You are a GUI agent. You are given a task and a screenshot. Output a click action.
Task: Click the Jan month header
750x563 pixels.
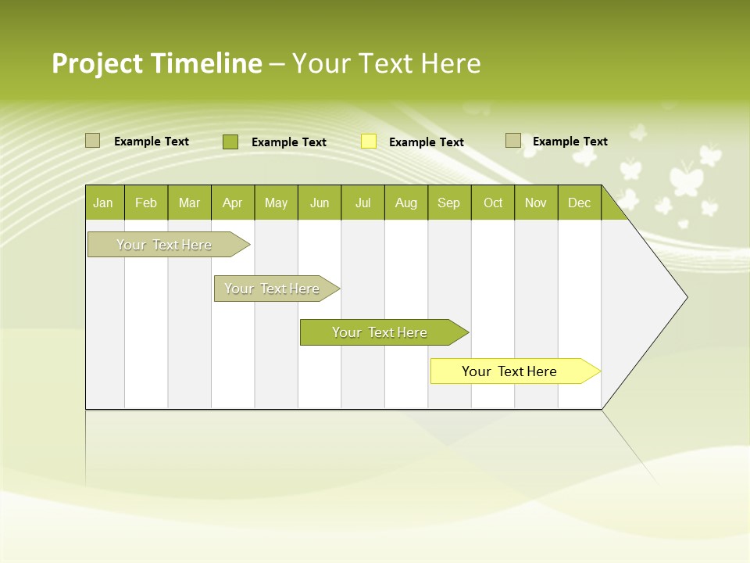coord(104,203)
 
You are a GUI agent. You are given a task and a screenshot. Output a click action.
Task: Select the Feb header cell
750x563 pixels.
coord(146,203)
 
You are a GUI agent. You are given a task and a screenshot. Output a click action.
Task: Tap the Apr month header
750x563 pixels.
coord(232,203)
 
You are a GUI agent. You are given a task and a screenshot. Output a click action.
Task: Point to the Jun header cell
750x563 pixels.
coord(320,203)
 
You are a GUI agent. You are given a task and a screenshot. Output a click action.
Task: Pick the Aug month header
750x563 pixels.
coord(405,203)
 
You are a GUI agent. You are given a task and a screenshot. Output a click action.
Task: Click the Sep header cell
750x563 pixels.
coord(449,203)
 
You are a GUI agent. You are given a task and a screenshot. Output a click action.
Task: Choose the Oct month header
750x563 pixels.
coord(493,203)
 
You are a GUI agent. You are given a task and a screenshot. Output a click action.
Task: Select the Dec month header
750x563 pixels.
coord(579,203)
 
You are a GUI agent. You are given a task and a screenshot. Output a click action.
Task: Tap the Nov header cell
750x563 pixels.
coord(536,203)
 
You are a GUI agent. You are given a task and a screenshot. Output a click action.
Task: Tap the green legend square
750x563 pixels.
coord(230,142)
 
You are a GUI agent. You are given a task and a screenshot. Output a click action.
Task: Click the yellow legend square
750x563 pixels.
coord(369,142)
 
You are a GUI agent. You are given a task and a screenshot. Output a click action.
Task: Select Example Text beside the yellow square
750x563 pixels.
coord(427,142)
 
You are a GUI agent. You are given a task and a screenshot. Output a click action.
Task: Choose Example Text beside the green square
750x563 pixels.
coord(289,142)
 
